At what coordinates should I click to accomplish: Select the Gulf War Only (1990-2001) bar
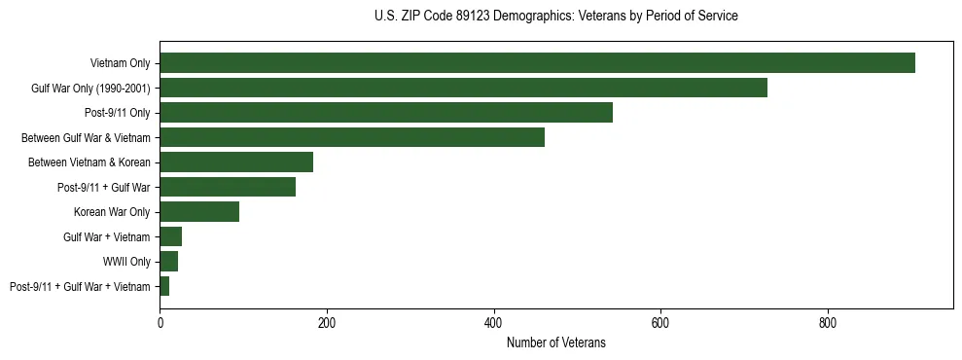(463, 88)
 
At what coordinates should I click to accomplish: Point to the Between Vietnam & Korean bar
(236, 162)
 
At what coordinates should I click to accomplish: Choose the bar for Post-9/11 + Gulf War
(228, 187)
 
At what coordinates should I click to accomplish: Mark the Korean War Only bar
(199, 212)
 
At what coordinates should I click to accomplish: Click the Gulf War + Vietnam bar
(171, 236)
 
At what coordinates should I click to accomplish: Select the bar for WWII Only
(169, 262)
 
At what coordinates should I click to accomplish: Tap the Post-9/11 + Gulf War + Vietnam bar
(164, 286)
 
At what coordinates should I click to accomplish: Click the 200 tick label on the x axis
(327, 322)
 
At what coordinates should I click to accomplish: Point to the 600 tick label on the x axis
(660, 322)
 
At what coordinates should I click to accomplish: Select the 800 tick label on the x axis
(828, 322)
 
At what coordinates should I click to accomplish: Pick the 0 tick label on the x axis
(160, 322)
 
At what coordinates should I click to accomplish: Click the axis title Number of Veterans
(555, 342)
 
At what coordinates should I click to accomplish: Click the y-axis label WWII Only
(126, 262)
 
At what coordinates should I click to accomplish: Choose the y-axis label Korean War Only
(112, 212)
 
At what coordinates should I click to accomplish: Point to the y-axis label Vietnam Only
(120, 63)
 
